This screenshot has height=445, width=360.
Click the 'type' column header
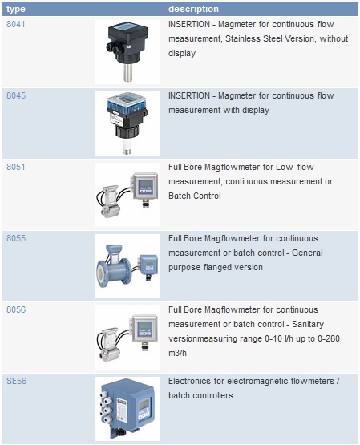click(16, 9)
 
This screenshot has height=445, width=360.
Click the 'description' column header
click(193, 9)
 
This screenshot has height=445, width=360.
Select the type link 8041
click(15, 24)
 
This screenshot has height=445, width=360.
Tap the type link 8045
click(16, 95)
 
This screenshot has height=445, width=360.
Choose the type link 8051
click(15, 167)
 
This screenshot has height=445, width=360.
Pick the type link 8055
click(16, 238)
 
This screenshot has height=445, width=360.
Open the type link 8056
click(16, 309)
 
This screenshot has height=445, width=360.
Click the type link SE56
click(17, 381)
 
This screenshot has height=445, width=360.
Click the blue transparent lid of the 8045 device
click(127, 102)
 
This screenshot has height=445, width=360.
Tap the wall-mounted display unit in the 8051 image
click(145, 185)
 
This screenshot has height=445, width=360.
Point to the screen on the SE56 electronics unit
click(144, 404)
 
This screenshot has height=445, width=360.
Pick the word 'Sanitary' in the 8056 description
click(308, 324)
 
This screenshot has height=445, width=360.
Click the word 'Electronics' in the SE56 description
click(190, 381)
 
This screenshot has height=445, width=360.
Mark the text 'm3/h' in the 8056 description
click(177, 353)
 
